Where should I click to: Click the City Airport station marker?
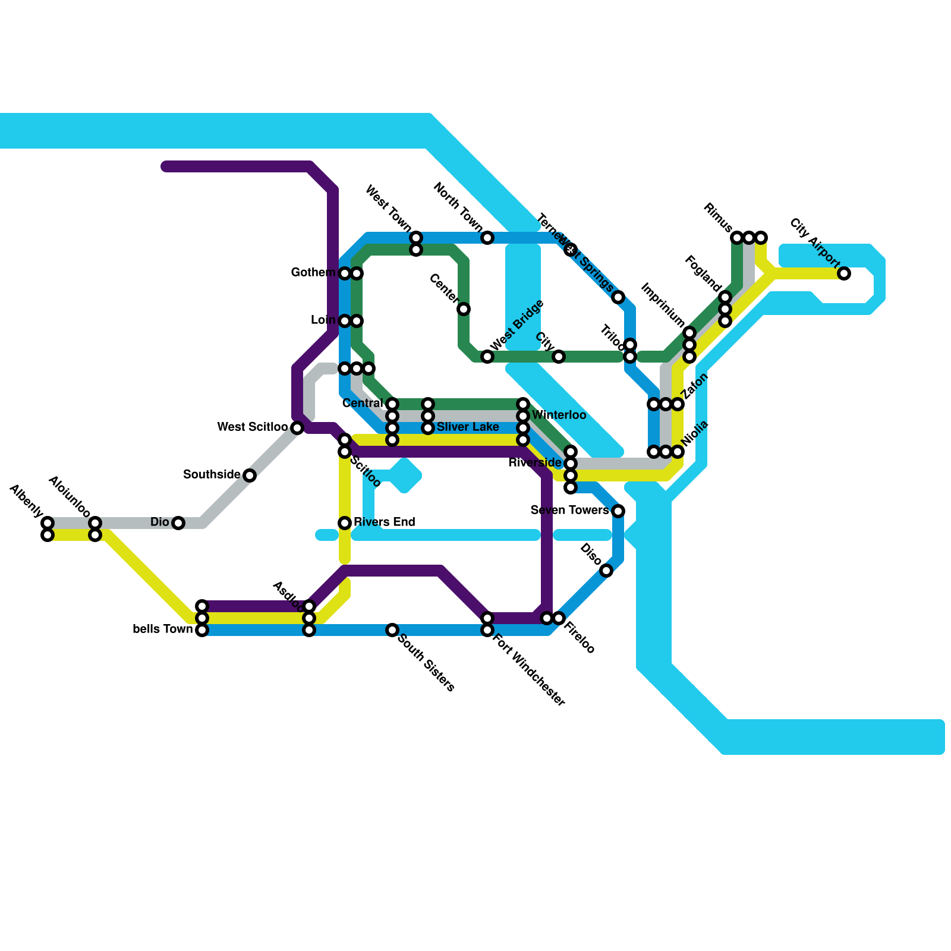click(x=844, y=273)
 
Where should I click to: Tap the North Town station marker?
click(x=487, y=238)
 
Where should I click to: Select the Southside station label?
click(x=212, y=474)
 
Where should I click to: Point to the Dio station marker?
click(x=178, y=523)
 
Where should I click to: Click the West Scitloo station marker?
click(x=297, y=428)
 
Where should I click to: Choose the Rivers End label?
click(x=384, y=522)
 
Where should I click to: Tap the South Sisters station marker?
click(x=392, y=630)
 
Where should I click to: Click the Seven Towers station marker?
click(x=618, y=511)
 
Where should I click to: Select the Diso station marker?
click(x=606, y=571)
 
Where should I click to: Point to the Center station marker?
click(x=464, y=309)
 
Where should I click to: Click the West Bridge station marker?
click(x=487, y=357)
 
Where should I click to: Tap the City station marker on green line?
click(x=559, y=357)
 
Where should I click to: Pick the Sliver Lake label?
click(x=468, y=427)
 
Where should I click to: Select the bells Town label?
click(x=163, y=629)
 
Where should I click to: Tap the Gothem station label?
click(x=313, y=272)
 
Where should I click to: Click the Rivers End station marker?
click(x=345, y=523)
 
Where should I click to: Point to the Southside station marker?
click(x=250, y=475)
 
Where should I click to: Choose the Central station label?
click(x=363, y=403)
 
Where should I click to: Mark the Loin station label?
click(x=323, y=320)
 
